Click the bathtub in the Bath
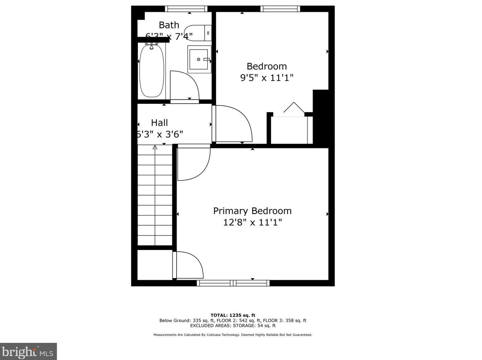(152, 70)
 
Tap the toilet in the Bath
(197, 33)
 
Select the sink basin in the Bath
(199, 59)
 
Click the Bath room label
(169, 25)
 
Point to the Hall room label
(159, 123)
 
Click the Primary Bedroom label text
(252, 211)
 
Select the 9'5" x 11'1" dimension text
(266, 78)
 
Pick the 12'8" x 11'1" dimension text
(252, 222)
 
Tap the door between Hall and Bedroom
(233, 123)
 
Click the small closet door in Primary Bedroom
(188, 265)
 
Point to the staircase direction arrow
(155, 147)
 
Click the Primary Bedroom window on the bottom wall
(233, 283)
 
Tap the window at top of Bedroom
(280, 9)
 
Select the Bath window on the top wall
(186, 9)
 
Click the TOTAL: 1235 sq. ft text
(233, 315)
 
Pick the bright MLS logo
(28, 352)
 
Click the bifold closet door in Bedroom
(294, 107)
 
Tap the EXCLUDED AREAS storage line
(233, 326)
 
